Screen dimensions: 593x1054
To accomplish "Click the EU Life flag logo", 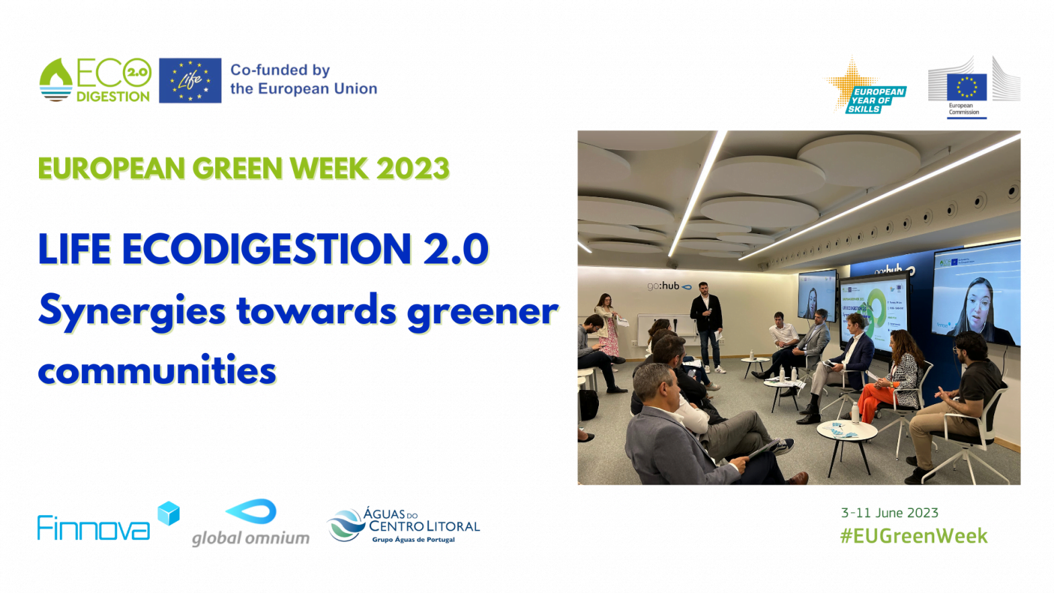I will click(190, 81).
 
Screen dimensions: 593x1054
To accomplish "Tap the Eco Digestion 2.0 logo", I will click(95, 80).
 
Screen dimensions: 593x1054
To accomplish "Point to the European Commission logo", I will click(973, 88).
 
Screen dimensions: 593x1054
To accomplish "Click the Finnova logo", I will click(108, 523).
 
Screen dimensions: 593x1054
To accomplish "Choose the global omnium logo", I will click(251, 523).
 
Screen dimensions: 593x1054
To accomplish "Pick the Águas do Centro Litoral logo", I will click(403, 525).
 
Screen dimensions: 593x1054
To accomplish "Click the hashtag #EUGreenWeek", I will click(914, 536).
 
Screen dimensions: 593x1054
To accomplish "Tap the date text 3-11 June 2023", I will click(889, 513).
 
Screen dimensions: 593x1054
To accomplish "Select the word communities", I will click(157, 370).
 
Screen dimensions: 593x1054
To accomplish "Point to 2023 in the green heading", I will click(413, 169).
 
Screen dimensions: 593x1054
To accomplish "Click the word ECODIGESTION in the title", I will click(266, 249).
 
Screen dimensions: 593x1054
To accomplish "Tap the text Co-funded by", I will click(280, 70).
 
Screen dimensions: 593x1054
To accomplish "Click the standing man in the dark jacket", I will click(706, 323).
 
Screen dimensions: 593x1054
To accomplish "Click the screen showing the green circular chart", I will click(873, 309).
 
